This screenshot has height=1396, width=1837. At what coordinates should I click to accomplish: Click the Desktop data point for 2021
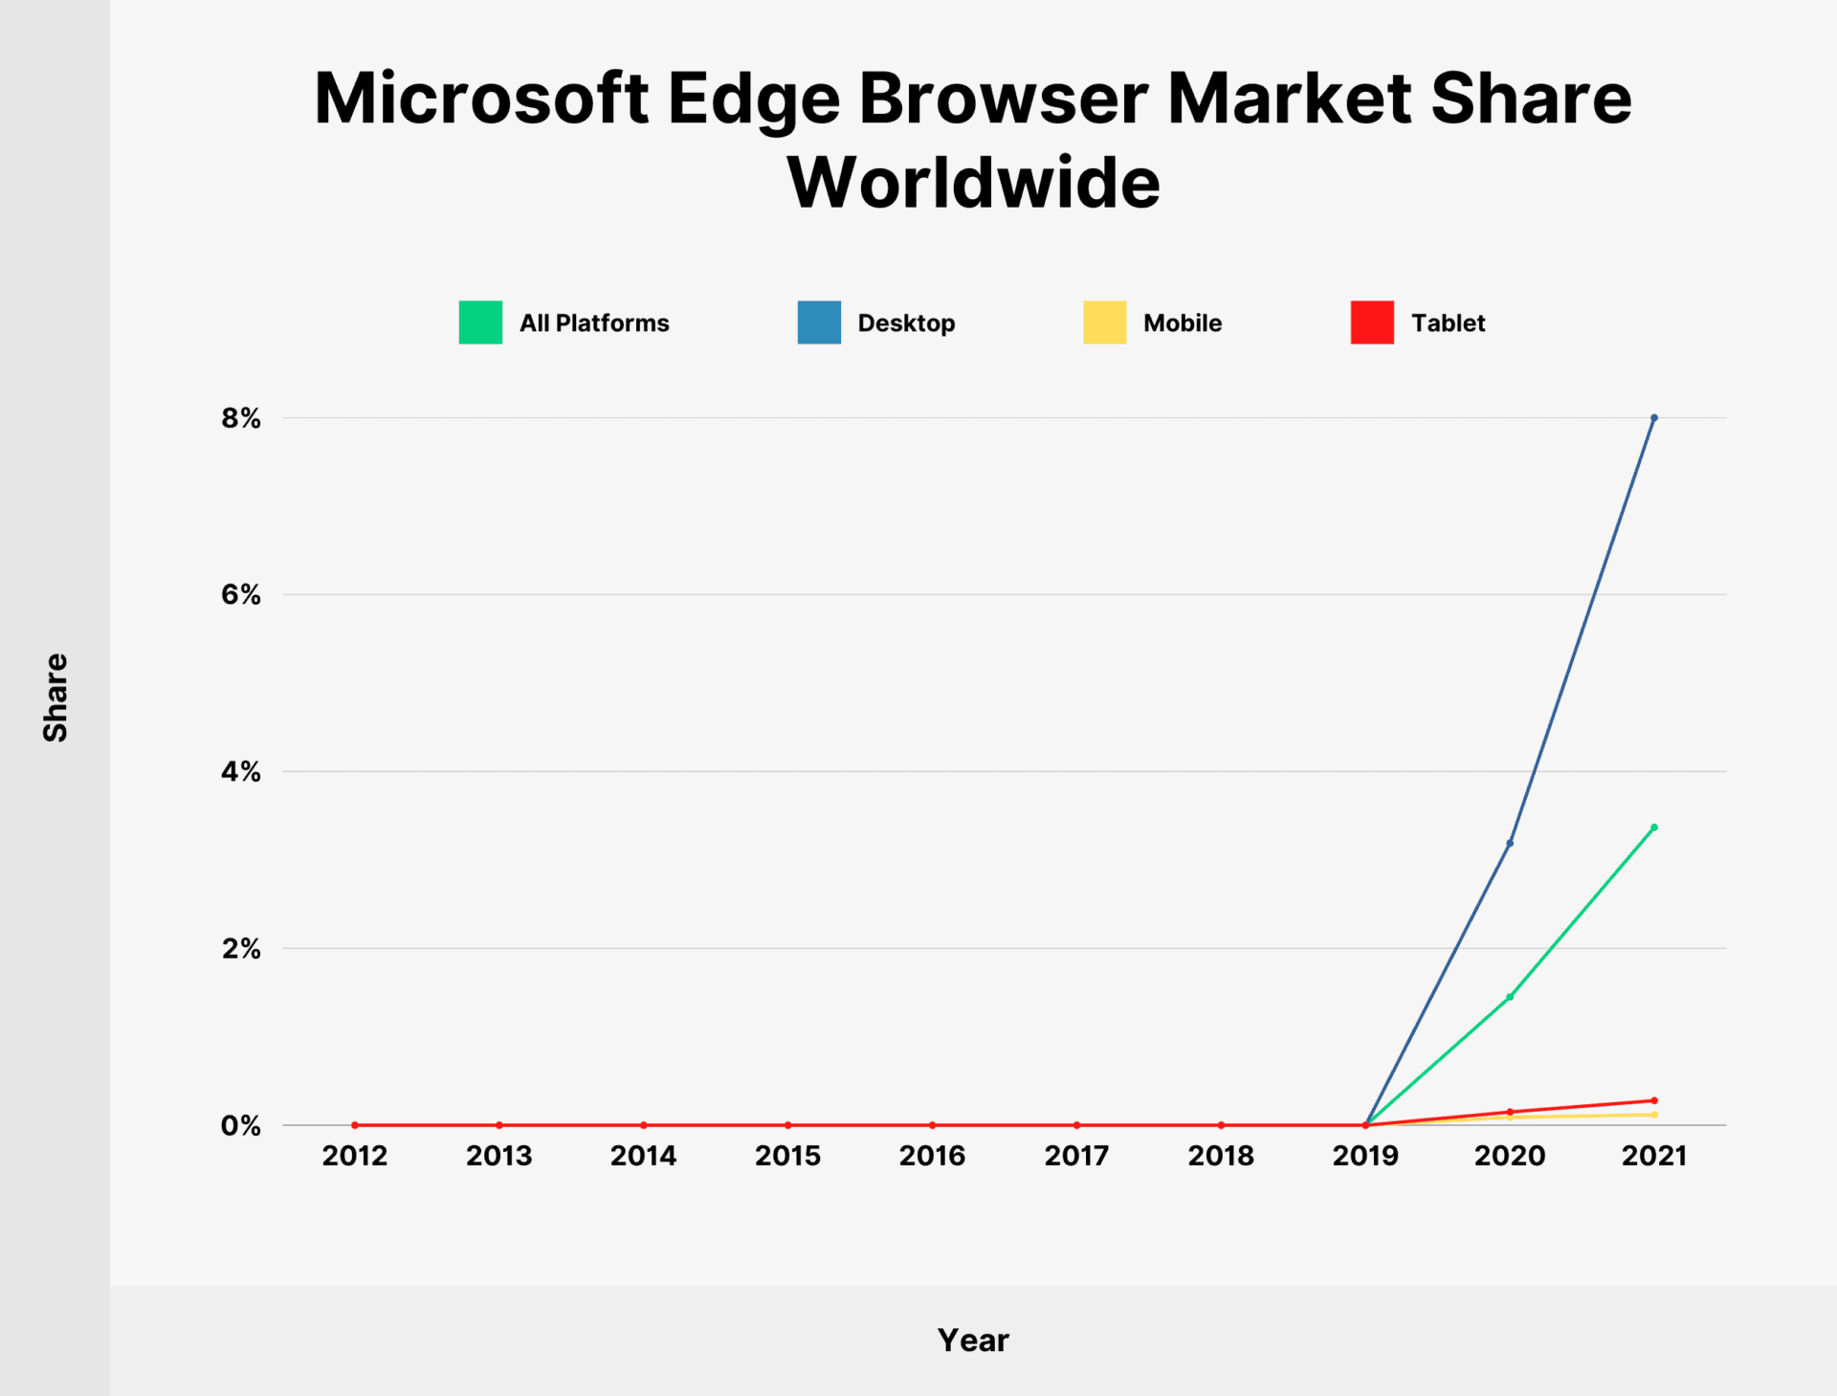pos(1653,418)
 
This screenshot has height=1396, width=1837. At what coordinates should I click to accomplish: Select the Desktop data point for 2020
pos(1510,843)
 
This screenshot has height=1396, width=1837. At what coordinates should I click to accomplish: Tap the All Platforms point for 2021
pos(1653,828)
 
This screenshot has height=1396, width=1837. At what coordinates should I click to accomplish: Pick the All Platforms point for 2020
pos(1510,997)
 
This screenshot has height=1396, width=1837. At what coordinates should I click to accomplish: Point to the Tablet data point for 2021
pos(1653,1100)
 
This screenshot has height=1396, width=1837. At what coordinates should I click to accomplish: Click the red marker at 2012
pos(355,1125)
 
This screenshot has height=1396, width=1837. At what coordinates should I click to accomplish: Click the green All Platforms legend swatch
pos(480,322)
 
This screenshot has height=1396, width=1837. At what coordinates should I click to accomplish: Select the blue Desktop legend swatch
pos(819,322)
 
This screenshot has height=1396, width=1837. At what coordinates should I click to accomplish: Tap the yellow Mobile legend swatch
pos(1104,322)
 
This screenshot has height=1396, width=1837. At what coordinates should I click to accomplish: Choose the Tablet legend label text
pos(1448,323)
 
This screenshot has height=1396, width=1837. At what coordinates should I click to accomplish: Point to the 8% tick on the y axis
pos(241,418)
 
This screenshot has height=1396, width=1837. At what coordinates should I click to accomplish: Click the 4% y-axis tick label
pos(241,771)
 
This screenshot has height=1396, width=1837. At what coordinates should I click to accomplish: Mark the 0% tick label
pos(241,1125)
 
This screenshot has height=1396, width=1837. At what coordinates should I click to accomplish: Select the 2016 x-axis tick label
pos(932,1156)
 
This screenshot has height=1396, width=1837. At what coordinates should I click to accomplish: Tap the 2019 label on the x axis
pos(1365,1156)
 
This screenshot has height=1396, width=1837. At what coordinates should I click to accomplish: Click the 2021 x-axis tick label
pos(1653,1156)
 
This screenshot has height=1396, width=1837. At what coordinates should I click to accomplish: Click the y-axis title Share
pos(55,698)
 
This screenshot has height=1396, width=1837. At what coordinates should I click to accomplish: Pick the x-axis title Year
pos(973,1341)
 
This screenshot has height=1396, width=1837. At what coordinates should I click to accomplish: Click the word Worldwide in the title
pos(973,182)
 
